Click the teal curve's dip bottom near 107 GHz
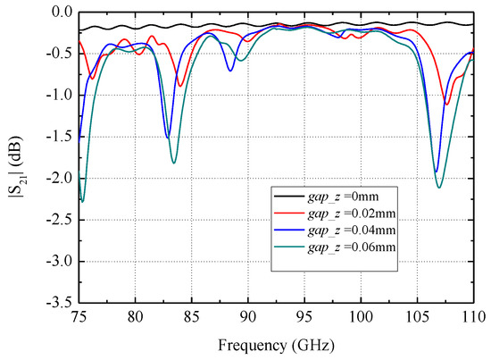click(x=440, y=187)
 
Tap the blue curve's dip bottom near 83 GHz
click(x=168, y=137)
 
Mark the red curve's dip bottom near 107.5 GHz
click(x=446, y=105)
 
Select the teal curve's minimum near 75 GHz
click(x=82, y=201)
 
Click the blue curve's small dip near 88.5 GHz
click(x=230, y=70)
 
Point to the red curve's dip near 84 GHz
click(x=180, y=86)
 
